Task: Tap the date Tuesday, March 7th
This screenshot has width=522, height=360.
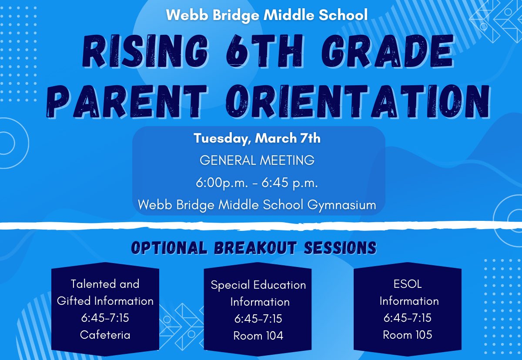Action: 257,139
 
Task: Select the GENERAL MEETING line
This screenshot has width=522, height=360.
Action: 257,160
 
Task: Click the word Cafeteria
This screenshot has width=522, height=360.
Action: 105,334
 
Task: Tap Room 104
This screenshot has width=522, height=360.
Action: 258,335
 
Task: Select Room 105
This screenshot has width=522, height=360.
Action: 408,334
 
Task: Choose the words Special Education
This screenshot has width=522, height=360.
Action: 258,285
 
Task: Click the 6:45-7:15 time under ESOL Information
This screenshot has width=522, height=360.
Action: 408,318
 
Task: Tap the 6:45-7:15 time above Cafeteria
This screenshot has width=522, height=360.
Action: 105,318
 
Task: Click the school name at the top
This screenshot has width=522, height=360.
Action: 267,15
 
